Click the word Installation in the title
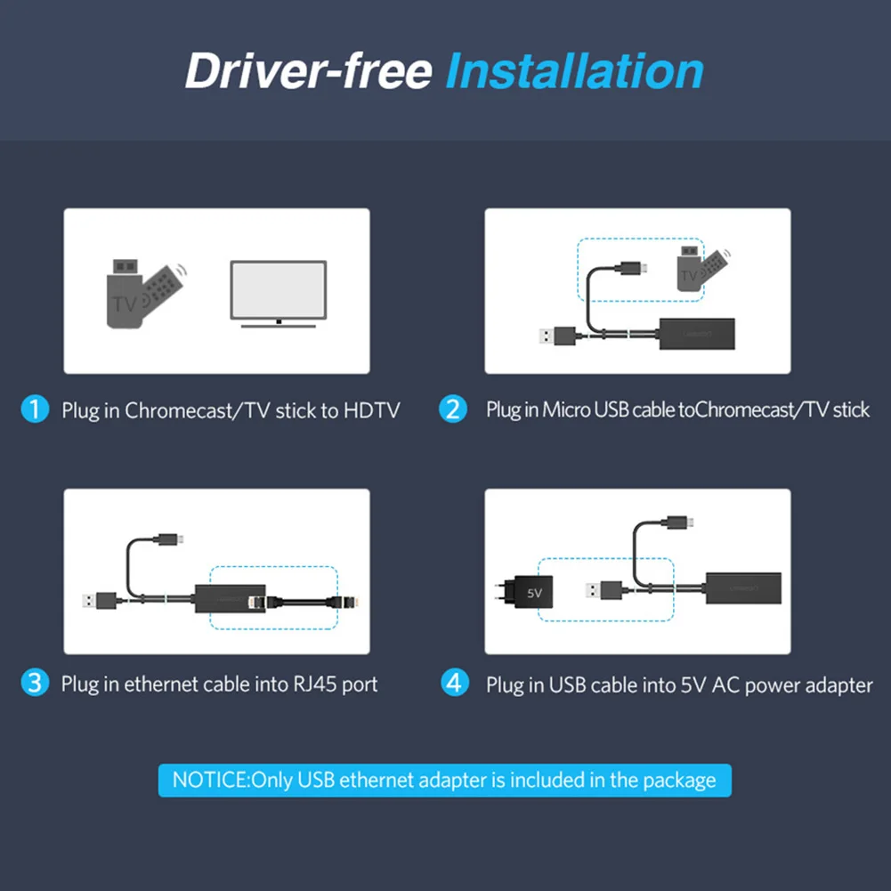click(574, 71)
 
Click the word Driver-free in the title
click(308, 71)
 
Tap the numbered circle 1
click(34, 409)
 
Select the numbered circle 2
click(453, 409)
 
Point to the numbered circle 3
click(34, 684)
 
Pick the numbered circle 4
click(455, 684)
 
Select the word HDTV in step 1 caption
click(371, 410)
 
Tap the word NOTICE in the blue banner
click(210, 781)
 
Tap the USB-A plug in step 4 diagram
click(603, 589)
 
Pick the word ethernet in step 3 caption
click(161, 684)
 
